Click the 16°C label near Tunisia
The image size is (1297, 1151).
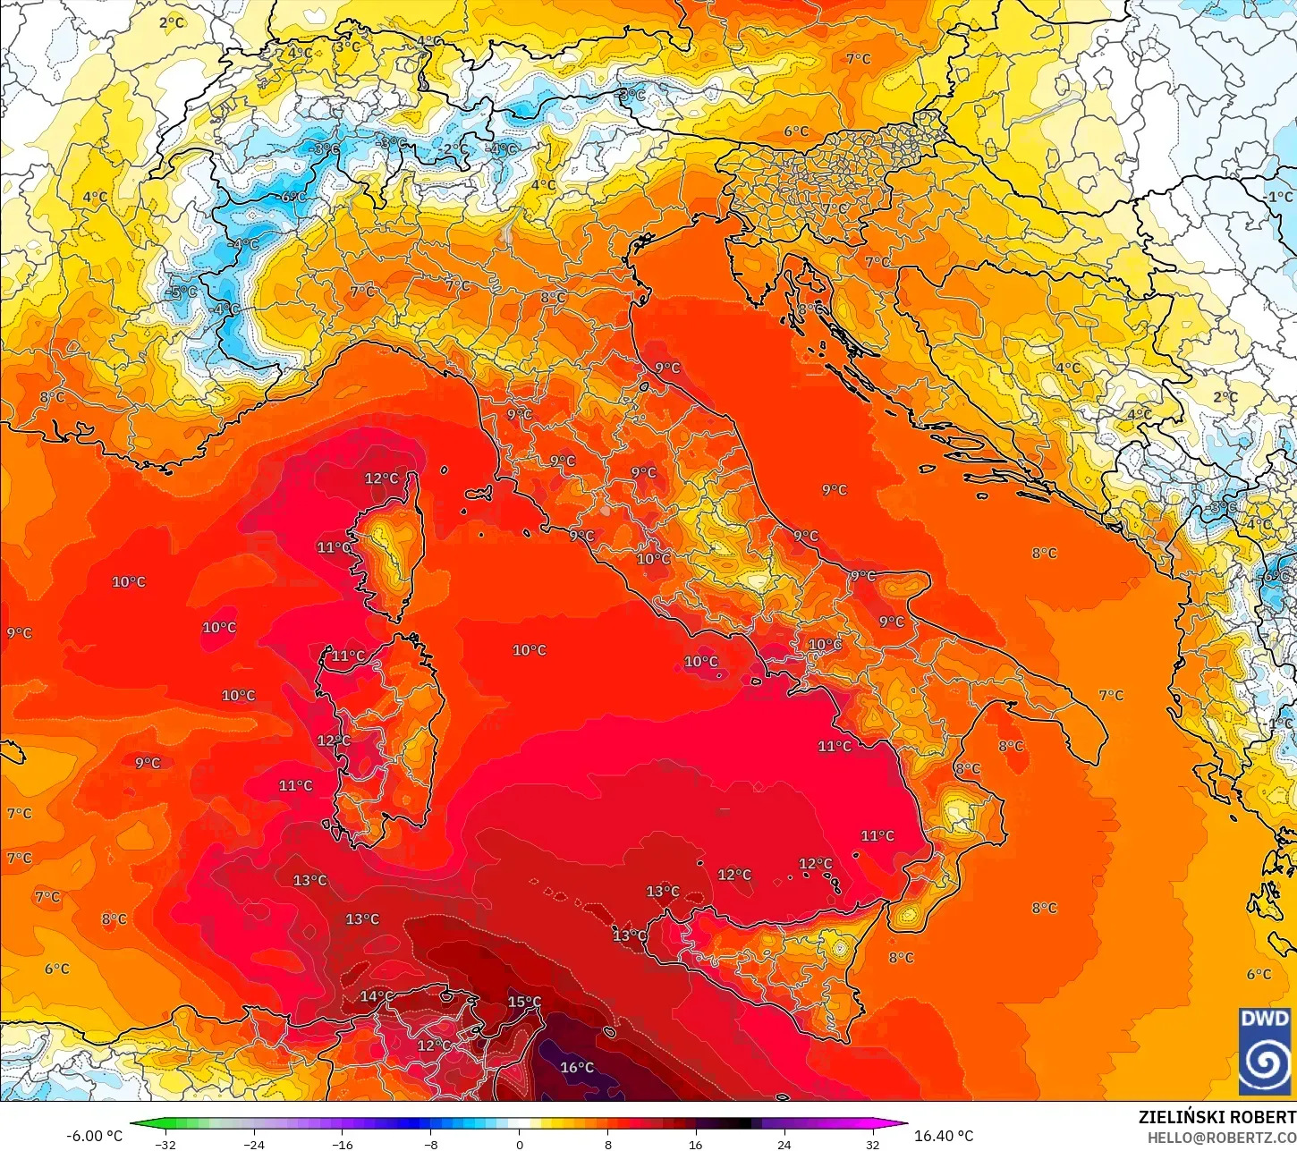pyautogui.click(x=577, y=1067)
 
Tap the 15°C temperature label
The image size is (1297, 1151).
pyautogui.click(x=524, y=1002)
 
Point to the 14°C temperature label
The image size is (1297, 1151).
pyautogui.click(x=376, y=996)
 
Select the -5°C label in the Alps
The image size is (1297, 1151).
pyautogui.click(x=182, y=292)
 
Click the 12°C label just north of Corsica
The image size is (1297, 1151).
pyautogui.click(x=381, y=478)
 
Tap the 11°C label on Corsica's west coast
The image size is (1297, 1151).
pyautogui.click(x=334, y=547)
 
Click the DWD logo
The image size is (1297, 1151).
pyautogui.click(x=1265, y=1051)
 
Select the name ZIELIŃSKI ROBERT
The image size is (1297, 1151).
pyautogui.click(x=1216, y=1117)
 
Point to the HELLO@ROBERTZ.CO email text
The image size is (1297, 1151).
pyautogui.click(x=1222, y=1137)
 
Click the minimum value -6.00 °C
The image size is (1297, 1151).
pyautogui.click(x=94, y=1136)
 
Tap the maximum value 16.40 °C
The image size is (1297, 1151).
pyautogui.click(x=944, y=1136)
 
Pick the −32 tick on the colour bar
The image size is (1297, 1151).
pyautogui.click(x=165, y=1144)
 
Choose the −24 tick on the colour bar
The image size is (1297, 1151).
pyautogui.click(x=254, y=1144)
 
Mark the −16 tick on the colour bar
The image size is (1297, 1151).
pyautogui.click(x=343, y=1144)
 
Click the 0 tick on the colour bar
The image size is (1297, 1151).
pyautogui.click(x=520, y=1144)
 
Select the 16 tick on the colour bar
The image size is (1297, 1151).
pyautogui.click(x=696, y=1144)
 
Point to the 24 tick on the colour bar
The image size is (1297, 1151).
pyautogui.click(x=784, y=1144)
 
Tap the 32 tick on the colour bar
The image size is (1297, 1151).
pyautogui.click(x=872, y=1144)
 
